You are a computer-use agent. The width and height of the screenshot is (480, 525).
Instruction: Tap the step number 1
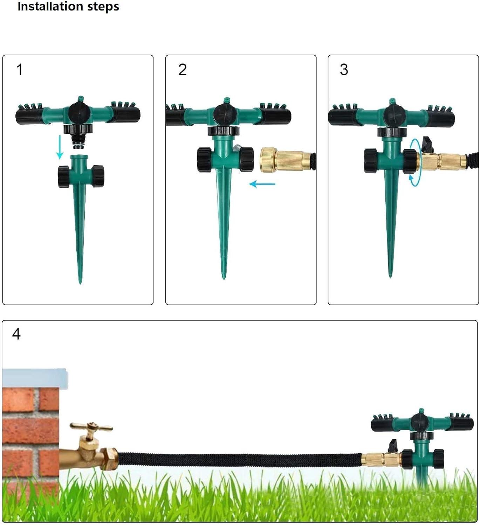point(20,70)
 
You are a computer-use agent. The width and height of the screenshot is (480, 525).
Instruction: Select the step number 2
point(182,70)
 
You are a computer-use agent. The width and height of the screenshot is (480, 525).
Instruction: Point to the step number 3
point(344,70)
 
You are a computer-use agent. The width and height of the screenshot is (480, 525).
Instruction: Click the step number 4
point(16,334)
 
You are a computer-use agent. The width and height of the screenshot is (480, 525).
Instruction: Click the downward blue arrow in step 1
point(60,147)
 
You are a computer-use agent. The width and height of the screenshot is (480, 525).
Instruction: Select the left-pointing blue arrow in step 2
point(262,184)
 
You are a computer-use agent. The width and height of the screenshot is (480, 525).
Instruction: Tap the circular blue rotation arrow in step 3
point(415,162)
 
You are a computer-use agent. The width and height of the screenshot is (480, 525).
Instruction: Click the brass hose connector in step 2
point(286,160)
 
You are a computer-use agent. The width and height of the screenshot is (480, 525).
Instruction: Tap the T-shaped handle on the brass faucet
point(91,427)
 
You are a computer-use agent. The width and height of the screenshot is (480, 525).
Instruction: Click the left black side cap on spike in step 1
point(64,176)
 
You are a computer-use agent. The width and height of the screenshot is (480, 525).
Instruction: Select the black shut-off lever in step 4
point(393,446)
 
